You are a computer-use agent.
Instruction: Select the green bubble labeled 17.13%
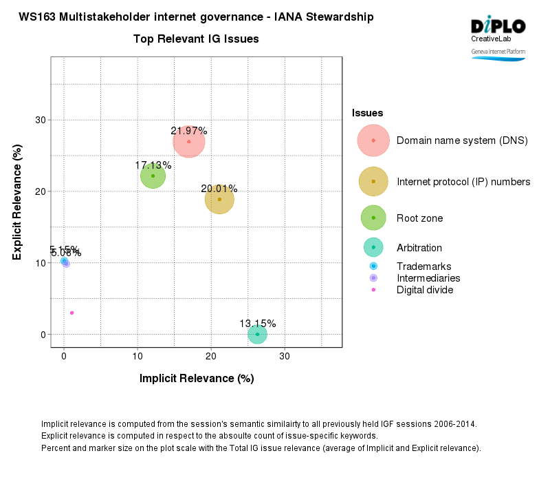153,176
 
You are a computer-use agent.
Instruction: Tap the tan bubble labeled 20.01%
219,199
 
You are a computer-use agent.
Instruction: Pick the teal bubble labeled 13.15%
257,334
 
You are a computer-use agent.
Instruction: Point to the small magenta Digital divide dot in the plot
71,313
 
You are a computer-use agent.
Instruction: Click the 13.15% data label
258,324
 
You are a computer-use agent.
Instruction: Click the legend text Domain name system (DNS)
462,140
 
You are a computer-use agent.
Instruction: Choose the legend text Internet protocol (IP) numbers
463,182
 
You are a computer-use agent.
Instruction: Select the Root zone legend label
419,218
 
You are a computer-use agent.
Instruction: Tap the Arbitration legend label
419,248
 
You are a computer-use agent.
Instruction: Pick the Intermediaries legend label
428,278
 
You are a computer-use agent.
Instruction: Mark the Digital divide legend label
425,290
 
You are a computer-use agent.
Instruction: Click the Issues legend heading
368,113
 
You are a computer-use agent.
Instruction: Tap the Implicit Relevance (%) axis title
197,378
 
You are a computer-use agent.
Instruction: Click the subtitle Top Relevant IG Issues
196,39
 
